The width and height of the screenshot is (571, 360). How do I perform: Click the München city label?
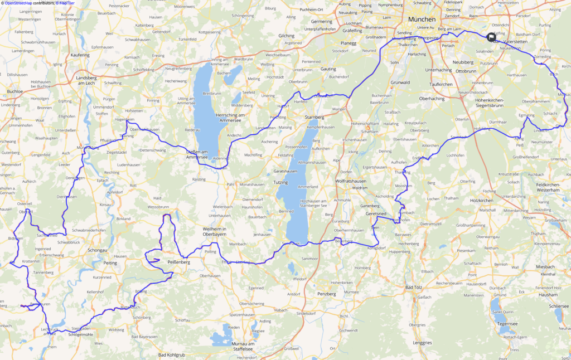(422, 19)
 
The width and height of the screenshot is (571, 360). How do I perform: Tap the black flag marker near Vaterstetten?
(491, 37)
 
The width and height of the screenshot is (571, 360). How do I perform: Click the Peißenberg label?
(178, 261)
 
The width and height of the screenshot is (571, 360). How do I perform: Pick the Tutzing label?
(280, 182)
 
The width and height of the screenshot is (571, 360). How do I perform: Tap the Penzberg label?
(327, 293)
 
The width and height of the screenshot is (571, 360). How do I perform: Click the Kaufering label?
(80, 55)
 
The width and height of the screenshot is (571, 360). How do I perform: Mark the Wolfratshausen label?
(350, 181)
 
